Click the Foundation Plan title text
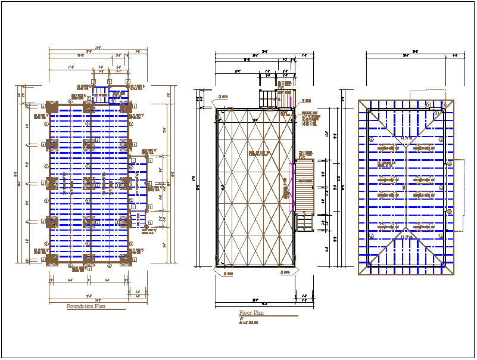pos(86,306)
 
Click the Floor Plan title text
pos(251,313)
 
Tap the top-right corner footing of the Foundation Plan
pos(125,107)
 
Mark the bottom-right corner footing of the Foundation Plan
pos(125,259)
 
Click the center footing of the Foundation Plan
pos(89,183)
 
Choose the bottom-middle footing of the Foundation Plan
pos(89,259)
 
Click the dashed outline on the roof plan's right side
pos(458,194)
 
